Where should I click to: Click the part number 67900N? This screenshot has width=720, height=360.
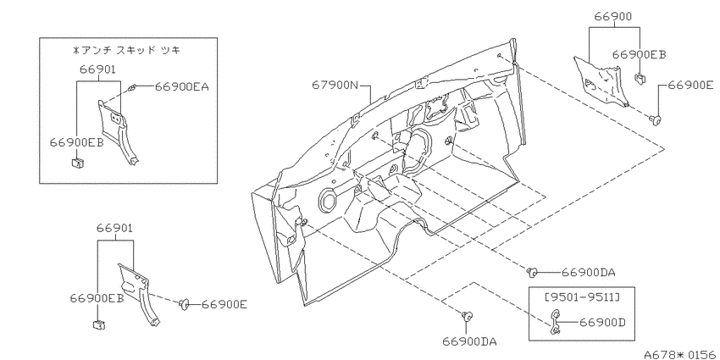click(x=335, y=85)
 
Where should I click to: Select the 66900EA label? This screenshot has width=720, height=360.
click(x=181, y=86)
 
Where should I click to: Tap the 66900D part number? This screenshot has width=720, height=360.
click(x=602, y=323)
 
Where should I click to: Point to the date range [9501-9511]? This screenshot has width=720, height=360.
click(x=582, y=297)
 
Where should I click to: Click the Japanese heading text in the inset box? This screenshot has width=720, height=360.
click(x=127, y=51)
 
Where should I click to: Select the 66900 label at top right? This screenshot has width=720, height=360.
click(x=613, y=17)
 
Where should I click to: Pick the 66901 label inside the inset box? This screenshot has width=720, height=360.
click(x=97, y=69)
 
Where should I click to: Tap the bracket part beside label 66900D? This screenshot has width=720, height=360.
click(x=555, y=321)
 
